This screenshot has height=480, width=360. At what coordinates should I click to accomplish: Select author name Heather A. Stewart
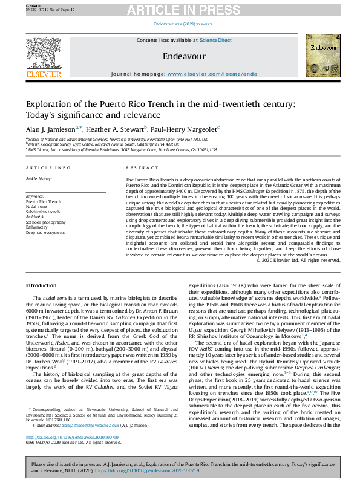(x=114, y=129)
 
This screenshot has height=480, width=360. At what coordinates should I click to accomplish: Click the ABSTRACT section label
(x=138, y=167)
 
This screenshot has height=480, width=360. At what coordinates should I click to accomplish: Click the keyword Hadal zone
(x=38, y=207)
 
